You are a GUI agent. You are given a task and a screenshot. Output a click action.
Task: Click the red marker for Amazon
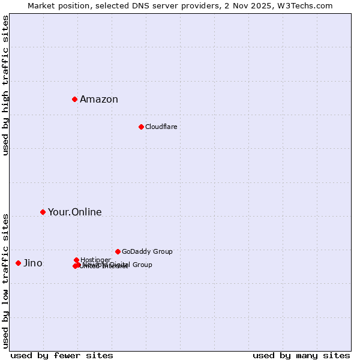(x=74, y=99)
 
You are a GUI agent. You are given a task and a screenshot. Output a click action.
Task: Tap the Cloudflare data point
(x=141, y=127)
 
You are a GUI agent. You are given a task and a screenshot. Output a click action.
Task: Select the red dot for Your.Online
(x=43, y=212)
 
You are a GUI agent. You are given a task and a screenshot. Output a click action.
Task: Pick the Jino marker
(x=18, y=263)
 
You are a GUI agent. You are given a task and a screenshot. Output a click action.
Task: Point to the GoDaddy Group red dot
(x=118, y=251)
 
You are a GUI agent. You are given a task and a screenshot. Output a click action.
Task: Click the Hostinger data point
(x=76, y=260)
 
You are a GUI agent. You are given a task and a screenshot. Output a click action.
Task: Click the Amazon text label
(x=99, y=100)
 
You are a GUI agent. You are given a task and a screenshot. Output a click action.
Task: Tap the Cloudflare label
(x=161, y=127)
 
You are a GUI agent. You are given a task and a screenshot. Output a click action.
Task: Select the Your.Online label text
(x=75, y=212)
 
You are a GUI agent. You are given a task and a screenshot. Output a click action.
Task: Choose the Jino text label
(x=33, y=263)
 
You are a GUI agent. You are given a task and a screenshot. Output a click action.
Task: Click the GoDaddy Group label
(x=147, y=251)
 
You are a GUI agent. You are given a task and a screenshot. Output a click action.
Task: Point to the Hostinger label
(x=96, y=259)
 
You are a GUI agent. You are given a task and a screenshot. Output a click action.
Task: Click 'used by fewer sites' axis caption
(x=62, y=355)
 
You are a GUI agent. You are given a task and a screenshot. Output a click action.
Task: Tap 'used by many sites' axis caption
(x=301, y=355)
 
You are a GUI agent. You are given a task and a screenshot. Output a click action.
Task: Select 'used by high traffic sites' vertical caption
(x=6, y=85)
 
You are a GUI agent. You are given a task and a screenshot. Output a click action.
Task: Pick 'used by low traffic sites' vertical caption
(x=6, y=280)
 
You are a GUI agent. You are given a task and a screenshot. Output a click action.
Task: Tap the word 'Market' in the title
(x=41, y=5)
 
